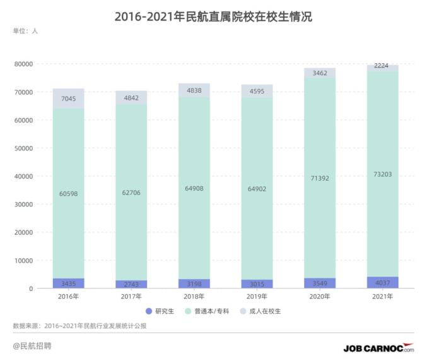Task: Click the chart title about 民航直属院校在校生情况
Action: coord(213,17)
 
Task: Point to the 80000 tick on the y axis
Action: coord(23,64)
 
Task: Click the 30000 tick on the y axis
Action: coord(23,204)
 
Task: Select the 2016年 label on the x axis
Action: coord(68,296)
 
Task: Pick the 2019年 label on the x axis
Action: coord(257,296)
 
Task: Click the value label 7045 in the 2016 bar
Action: coord(68,98)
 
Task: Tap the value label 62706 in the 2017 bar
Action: coord(131,193)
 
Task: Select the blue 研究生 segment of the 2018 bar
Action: coord(194,283)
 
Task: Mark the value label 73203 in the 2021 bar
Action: coord(383,174)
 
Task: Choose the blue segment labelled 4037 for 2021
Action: coord(383,282)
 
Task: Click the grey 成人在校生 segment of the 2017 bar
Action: coord(131,98)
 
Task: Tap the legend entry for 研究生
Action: coord(159,311)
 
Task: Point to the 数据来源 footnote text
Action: coord(79,326)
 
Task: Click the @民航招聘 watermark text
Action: coord(32,346)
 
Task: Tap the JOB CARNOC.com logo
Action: coord(378,348)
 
